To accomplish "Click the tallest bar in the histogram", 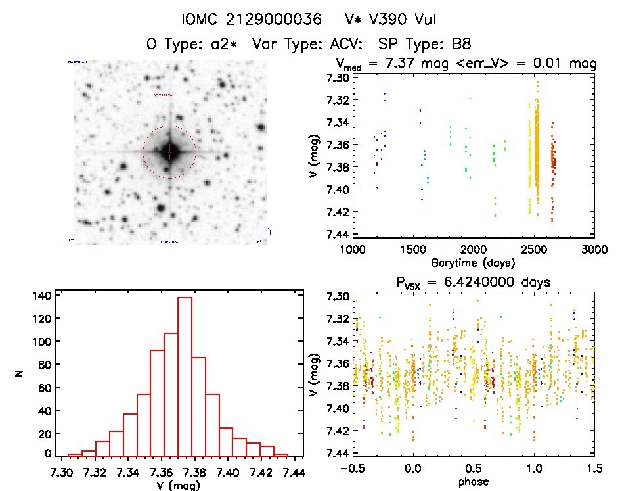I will [185, 375].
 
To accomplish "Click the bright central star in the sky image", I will [169, 152].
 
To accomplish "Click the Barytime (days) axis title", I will [473, 262].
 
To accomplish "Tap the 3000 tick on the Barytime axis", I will [594, 250].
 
